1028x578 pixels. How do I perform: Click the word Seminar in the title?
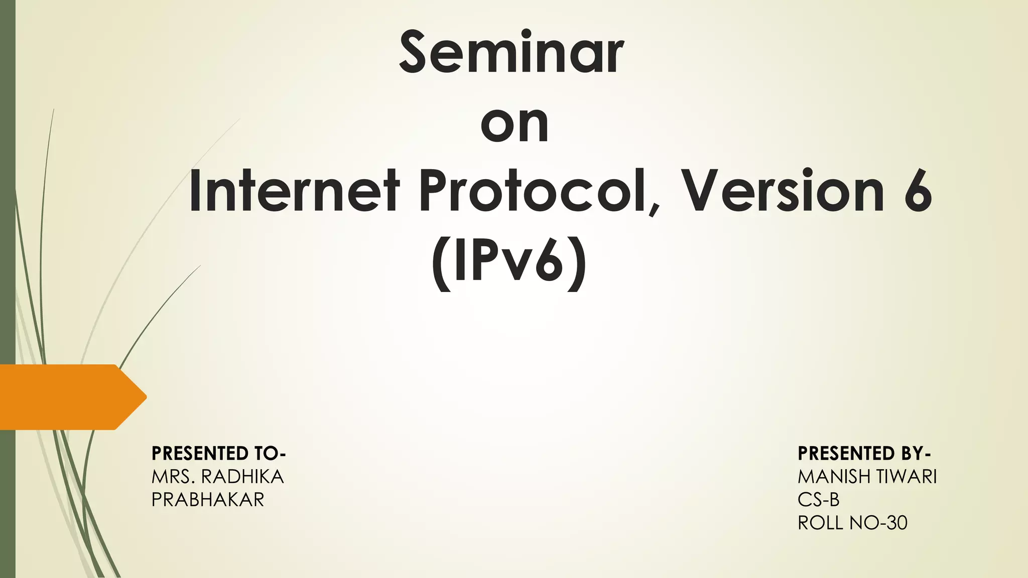point(511,53)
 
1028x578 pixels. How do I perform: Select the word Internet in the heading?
point(294,192)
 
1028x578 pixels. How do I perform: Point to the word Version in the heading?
point(784,192)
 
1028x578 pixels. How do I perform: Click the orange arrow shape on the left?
point(70,397)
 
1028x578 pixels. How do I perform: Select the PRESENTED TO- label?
point(218,454)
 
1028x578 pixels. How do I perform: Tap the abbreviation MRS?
point(174,477)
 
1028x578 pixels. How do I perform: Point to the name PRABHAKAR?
point(208,500)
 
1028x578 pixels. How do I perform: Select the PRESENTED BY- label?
point(864,454)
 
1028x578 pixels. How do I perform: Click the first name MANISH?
point(834,477)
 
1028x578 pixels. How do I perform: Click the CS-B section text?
point(818,500)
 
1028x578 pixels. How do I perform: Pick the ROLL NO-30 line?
point(852,523)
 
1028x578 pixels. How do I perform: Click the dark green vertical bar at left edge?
point(8,201)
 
